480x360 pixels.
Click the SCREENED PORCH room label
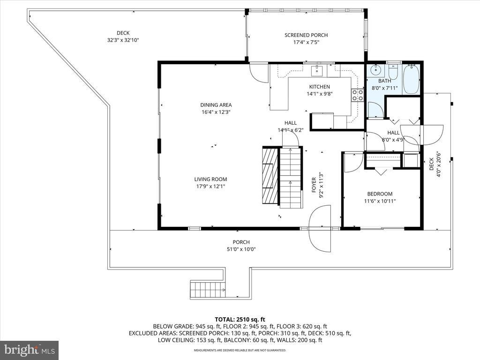(x=306, y=35)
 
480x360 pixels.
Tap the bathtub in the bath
(x=411, y=80)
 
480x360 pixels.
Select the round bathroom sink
(x=375, y=70)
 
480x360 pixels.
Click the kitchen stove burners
(x=358, y=95)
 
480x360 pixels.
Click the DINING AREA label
(x=216, y=105)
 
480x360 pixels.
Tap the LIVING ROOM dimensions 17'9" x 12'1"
(x=210, y=187)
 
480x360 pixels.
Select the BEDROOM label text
(x=380, y=194)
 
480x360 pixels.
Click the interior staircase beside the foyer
(x=291, y=178)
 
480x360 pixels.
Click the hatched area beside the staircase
(x=270, y=176)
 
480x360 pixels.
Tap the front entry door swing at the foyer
(x=320, y=228)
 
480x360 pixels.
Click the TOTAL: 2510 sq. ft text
(x=240, y=320)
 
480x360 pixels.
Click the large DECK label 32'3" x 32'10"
(x=123, y=37)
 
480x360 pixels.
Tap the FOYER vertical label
(x=314, y=185)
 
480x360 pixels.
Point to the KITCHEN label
(x=319, y=87)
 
